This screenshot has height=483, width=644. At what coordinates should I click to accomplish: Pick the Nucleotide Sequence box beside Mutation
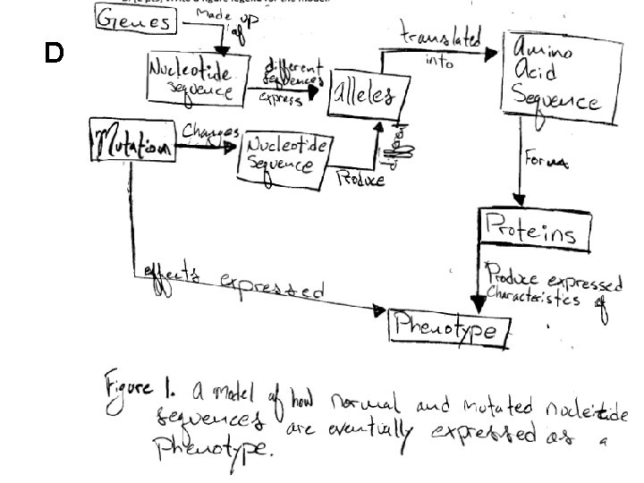(285, 153)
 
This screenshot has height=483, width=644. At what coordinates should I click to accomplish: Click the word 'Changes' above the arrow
(210, 131)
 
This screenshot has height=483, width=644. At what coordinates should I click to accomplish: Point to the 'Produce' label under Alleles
(360, 179)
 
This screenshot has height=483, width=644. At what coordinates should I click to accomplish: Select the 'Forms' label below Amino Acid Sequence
(546, 163)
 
